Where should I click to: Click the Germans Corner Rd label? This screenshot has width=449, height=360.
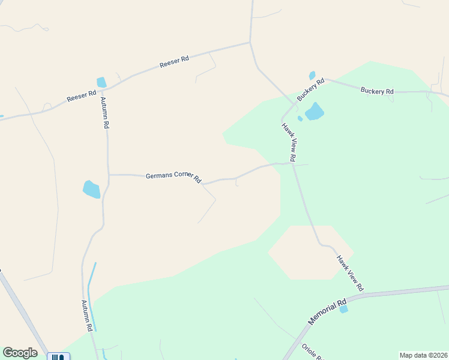[x=173, y=178]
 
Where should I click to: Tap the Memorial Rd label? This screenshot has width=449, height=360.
[x=327, y=312]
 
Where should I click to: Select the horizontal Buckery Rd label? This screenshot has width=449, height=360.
[x=377, y=91]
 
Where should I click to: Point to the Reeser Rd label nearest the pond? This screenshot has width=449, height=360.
[x=82, y=96]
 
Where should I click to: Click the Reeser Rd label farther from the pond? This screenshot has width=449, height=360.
[x=174, y=61]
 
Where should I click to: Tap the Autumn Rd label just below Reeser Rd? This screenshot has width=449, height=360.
[x=104, y=113]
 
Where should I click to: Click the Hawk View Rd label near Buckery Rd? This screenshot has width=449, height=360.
[x=289, y=143]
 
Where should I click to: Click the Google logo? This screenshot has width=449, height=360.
[x=20, y=353]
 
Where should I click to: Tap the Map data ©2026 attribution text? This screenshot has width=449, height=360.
[x=423, y=355]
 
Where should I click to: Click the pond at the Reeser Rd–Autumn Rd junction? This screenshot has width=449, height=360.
[x=101, y=82]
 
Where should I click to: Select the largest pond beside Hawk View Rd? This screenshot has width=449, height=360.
[x=314, y=112]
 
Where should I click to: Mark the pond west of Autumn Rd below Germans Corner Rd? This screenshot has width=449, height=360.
[x=91, y=189]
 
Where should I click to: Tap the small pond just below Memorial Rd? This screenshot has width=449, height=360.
[x=343, y=309]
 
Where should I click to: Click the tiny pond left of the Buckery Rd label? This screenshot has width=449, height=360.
[x=312, y=76]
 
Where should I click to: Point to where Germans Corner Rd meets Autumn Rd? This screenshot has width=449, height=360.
[x=109, y=175]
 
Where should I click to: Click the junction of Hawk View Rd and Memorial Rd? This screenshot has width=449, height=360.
[x=364, y=295]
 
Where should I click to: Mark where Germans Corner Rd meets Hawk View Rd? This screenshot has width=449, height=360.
[x=293, y=164]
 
